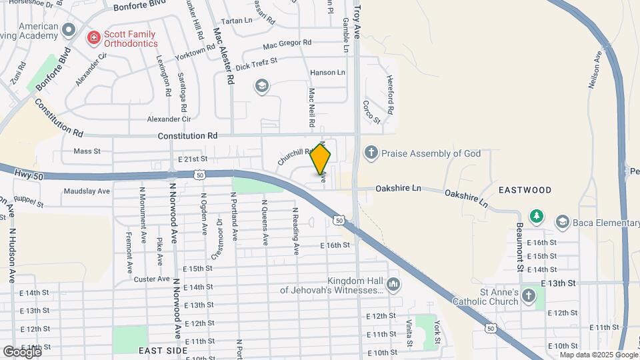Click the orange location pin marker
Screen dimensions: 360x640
[321, 159]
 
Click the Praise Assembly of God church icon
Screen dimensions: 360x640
[371, 153]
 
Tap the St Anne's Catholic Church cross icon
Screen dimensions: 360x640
[529, 295]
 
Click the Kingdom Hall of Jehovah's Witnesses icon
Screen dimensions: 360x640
[393, 285]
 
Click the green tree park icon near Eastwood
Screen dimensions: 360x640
[535, 217]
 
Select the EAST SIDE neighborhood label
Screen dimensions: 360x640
[160, 349]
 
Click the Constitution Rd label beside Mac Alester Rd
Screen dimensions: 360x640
[187, 135]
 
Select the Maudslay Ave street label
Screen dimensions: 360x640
[87, 191]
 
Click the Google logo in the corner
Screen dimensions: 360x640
[22, 351]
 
